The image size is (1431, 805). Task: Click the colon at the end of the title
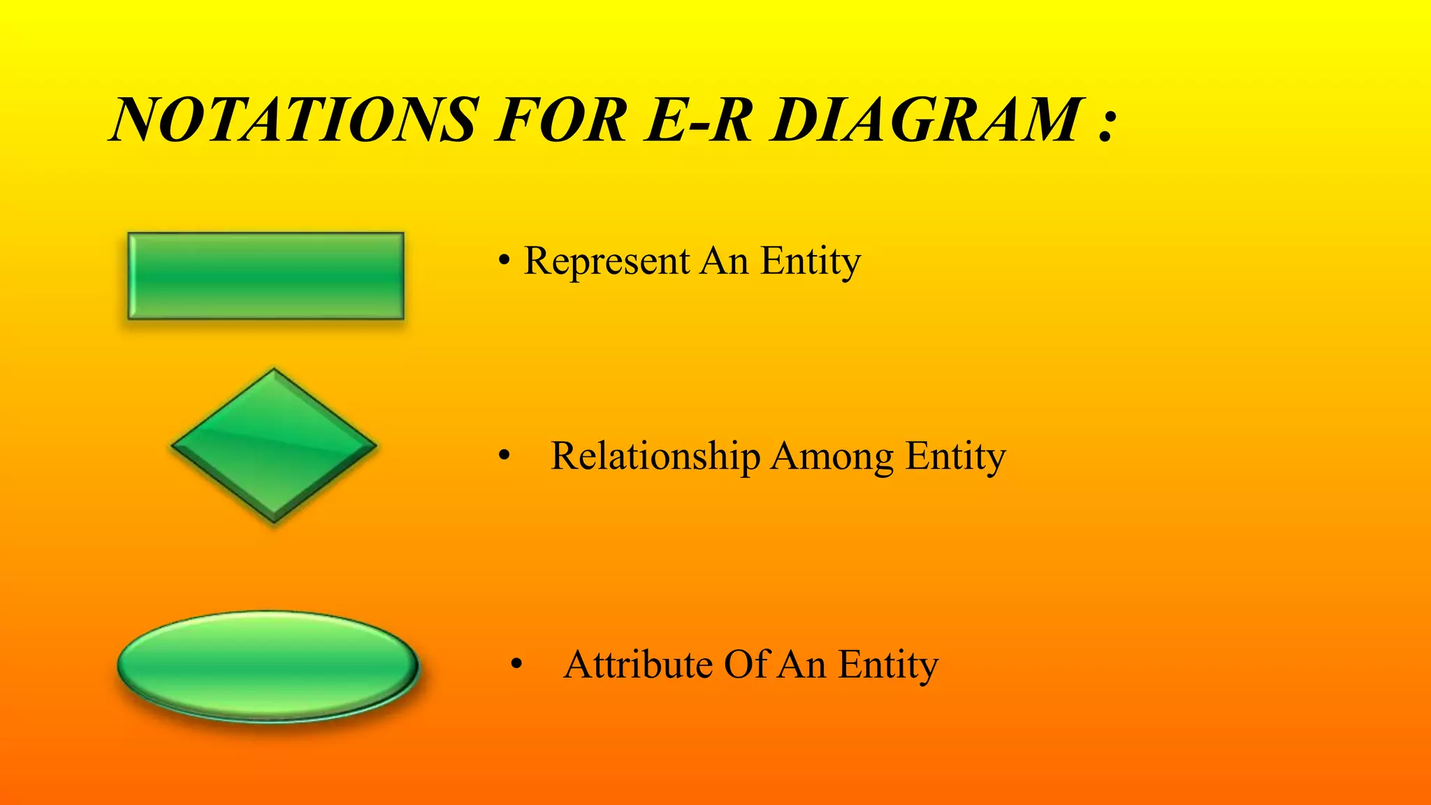coord(1105,126)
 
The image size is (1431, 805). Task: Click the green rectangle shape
coord(266,276)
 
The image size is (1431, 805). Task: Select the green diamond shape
coord(274,445)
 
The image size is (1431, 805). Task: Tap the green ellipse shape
coord(268,665)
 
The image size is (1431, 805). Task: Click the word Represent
coord(606,261)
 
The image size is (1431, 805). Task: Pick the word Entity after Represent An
coord(811,261)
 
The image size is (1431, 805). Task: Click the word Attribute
coord(638,665)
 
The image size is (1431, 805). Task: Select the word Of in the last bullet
coord(746,665)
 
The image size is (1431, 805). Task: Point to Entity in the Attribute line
coord(888,665)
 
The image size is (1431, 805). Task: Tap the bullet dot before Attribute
coord(516,666)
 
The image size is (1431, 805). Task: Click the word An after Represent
coord(724,261)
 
